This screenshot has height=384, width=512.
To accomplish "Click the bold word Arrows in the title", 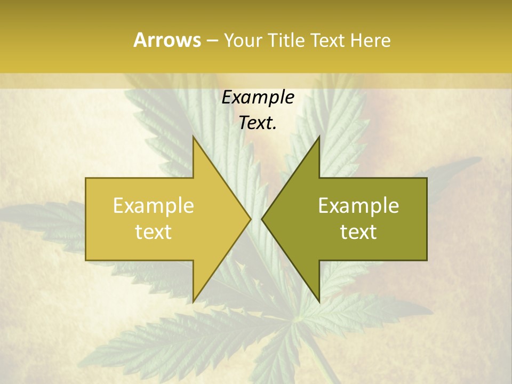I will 167,40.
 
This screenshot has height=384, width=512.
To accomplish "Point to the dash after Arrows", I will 212,41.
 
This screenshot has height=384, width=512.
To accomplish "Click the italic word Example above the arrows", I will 258,97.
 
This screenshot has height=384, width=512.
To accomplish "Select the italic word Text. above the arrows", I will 258,123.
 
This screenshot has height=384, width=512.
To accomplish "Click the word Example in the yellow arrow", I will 153,206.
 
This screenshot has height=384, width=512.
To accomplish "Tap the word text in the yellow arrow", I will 153,231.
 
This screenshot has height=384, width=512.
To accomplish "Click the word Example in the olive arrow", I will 358,206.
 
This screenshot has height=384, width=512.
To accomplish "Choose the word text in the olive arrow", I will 358,231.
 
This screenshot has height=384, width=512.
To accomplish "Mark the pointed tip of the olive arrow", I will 262,219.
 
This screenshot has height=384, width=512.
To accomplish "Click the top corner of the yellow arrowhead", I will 194,138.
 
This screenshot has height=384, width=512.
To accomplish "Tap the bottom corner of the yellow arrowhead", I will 194,301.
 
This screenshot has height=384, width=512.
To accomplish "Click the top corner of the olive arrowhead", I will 319,138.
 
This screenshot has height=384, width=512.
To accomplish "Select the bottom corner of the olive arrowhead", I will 319,301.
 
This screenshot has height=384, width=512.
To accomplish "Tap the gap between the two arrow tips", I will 256,219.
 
